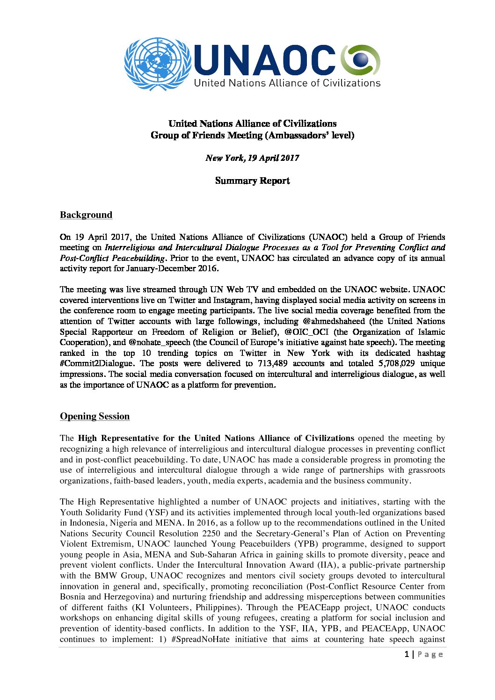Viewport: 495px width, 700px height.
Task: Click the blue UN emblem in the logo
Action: [x=158, y=64]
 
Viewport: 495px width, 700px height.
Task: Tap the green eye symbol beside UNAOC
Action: [x=360, y=60]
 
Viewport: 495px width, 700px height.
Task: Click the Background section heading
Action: [x=86, y=215]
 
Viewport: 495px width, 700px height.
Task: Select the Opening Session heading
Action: [x=95, y=417]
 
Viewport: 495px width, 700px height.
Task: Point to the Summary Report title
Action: [x=252, y=181]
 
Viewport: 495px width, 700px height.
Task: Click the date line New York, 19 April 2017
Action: [x=252, y=158]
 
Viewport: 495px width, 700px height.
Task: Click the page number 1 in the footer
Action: [x=407, y=654]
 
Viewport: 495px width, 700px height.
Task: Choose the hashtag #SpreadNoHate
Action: [x=201, y=639]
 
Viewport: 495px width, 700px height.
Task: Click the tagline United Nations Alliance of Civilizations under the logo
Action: [x=287, y=83]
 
